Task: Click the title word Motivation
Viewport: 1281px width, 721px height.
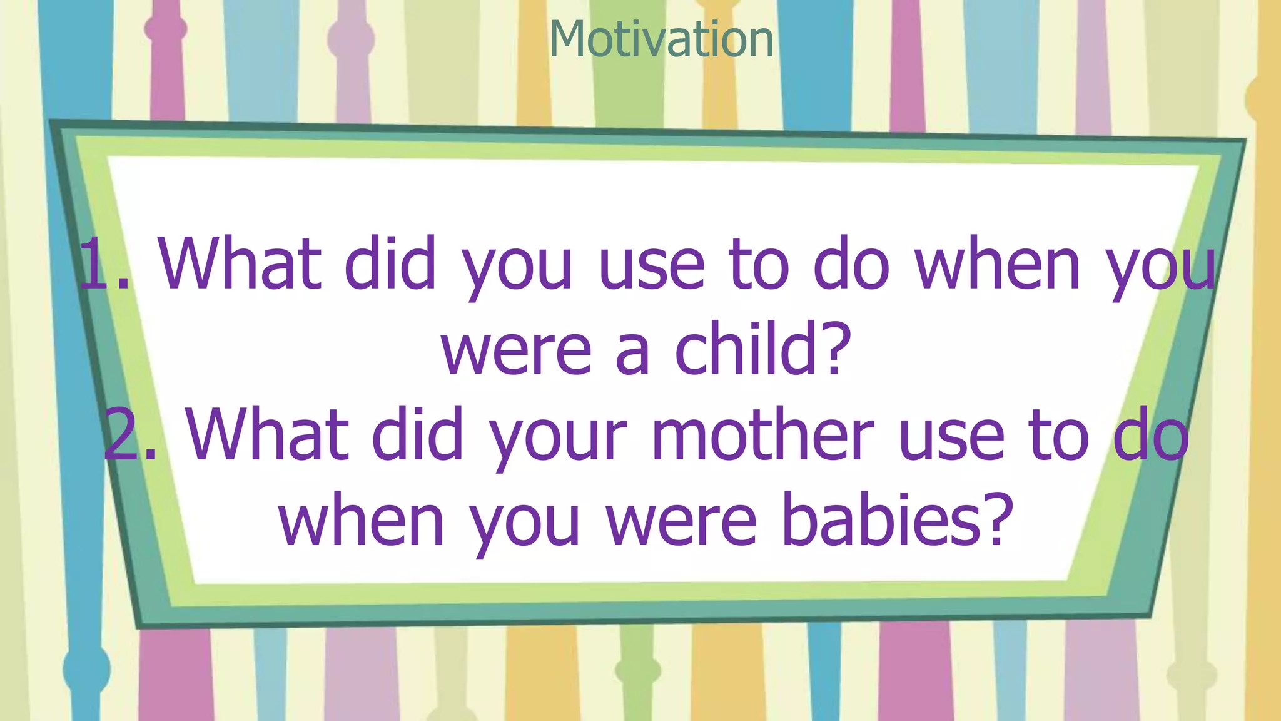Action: coord(661,39)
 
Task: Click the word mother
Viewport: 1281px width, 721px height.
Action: coord(762,434)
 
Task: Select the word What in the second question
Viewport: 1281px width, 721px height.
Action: coord(266,434)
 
